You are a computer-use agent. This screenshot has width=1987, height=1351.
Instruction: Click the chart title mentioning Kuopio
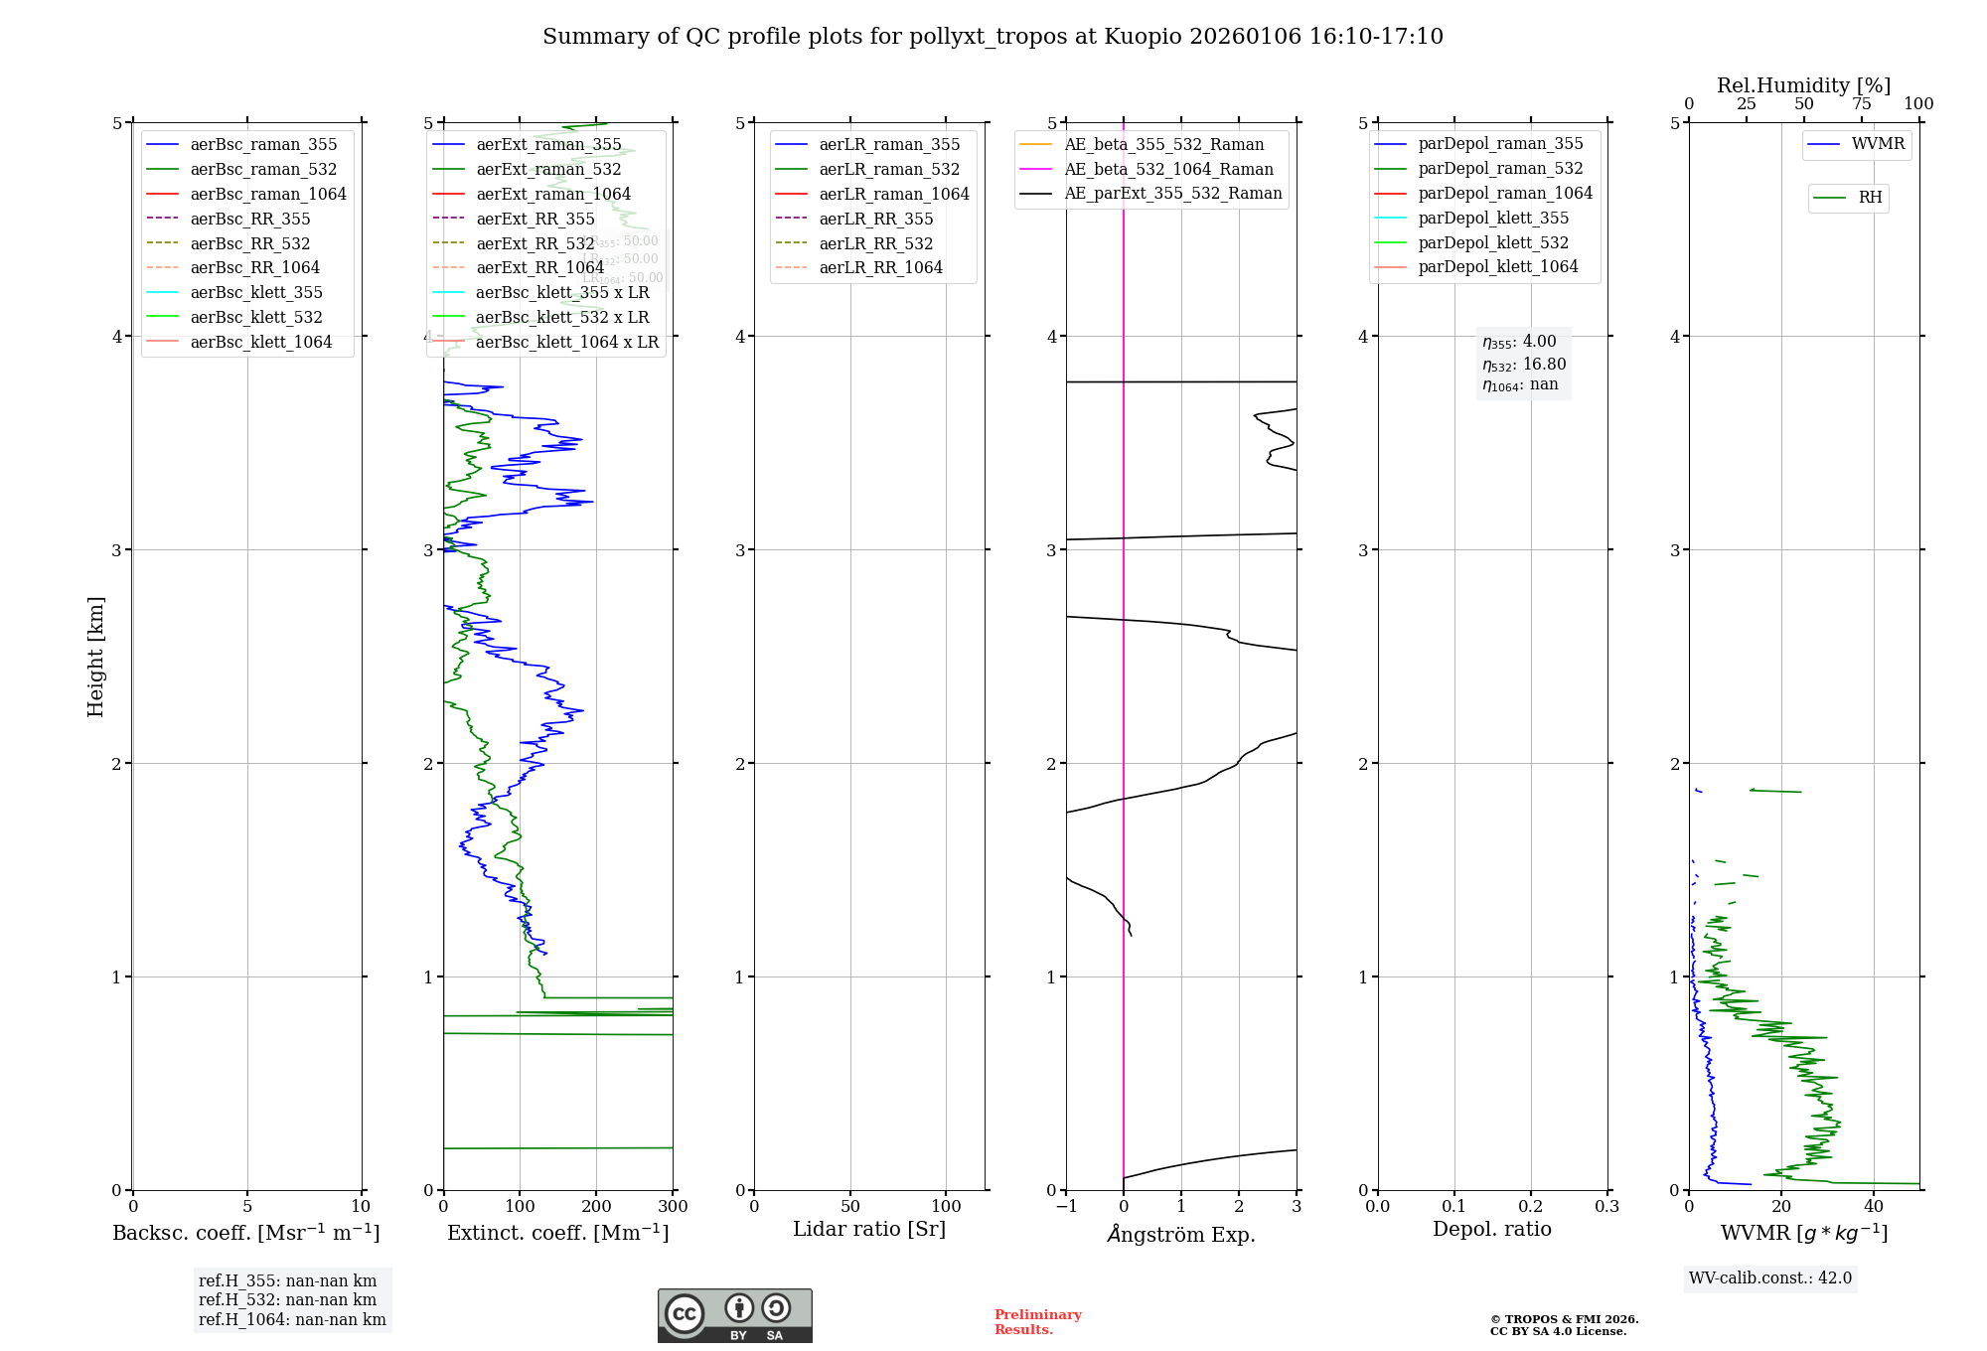point(993,37)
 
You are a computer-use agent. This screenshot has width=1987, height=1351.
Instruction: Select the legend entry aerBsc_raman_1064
point(268,194)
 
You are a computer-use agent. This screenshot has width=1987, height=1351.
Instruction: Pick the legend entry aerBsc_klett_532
point(256,317)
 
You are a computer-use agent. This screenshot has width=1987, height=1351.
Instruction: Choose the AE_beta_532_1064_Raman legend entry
point(1168,169)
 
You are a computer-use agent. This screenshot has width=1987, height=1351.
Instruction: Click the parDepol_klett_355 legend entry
point(1493,218)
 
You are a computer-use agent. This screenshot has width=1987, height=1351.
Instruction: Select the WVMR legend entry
point(1878,144)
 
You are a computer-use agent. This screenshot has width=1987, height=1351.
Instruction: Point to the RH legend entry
point(1870,198)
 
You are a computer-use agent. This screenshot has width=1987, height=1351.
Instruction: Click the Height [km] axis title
point(95,656)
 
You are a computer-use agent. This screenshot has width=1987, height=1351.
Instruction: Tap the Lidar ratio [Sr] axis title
point(869,1229)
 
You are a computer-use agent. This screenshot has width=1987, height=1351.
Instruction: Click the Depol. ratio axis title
point(1491,1229)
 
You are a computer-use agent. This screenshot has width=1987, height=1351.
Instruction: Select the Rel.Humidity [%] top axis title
point(1803,85)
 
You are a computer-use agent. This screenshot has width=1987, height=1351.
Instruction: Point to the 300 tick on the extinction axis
point(673,1207)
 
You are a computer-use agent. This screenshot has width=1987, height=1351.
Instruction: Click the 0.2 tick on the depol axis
point(1531,1207)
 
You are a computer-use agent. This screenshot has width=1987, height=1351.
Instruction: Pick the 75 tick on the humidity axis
point(1862,104)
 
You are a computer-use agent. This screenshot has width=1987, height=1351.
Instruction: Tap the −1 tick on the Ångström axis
point(1066,1207)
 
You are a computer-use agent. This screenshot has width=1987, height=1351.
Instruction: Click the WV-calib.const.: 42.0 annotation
point(1769,1278)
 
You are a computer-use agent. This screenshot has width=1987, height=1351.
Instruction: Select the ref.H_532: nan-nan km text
point(287,1299)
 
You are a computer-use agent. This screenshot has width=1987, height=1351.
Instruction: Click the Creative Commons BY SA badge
point(734,1316)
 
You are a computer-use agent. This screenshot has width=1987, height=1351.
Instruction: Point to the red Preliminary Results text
point(1037,1322)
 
